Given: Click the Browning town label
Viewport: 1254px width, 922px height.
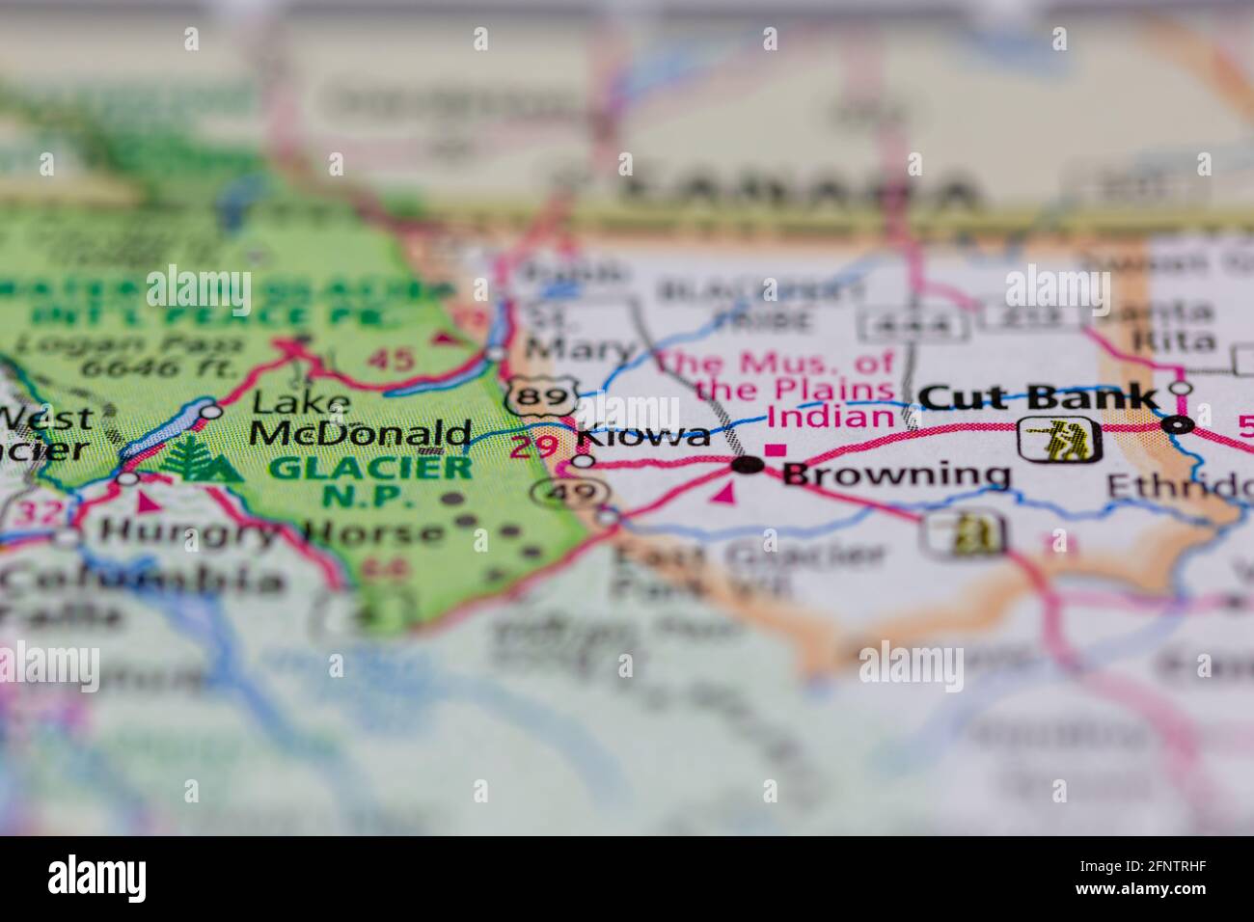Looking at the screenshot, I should coord(896,475).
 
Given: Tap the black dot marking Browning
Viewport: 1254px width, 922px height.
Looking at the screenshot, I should coord(749,467).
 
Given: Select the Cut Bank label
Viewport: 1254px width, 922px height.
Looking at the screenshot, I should coord(1038,397).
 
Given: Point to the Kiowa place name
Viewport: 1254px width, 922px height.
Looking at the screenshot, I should coord(643,437).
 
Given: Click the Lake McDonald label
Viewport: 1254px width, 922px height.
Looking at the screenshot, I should coord(361,418).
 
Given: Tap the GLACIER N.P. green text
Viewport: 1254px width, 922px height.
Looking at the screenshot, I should coord(369,482).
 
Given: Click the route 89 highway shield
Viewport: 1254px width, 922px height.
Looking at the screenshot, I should coord(529,396).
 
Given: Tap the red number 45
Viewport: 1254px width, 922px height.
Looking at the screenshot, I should coord(393,360).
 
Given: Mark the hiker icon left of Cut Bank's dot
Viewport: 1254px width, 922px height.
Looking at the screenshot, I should coord(1060,439).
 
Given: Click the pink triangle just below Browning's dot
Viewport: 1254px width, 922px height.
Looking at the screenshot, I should coord(726,495).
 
